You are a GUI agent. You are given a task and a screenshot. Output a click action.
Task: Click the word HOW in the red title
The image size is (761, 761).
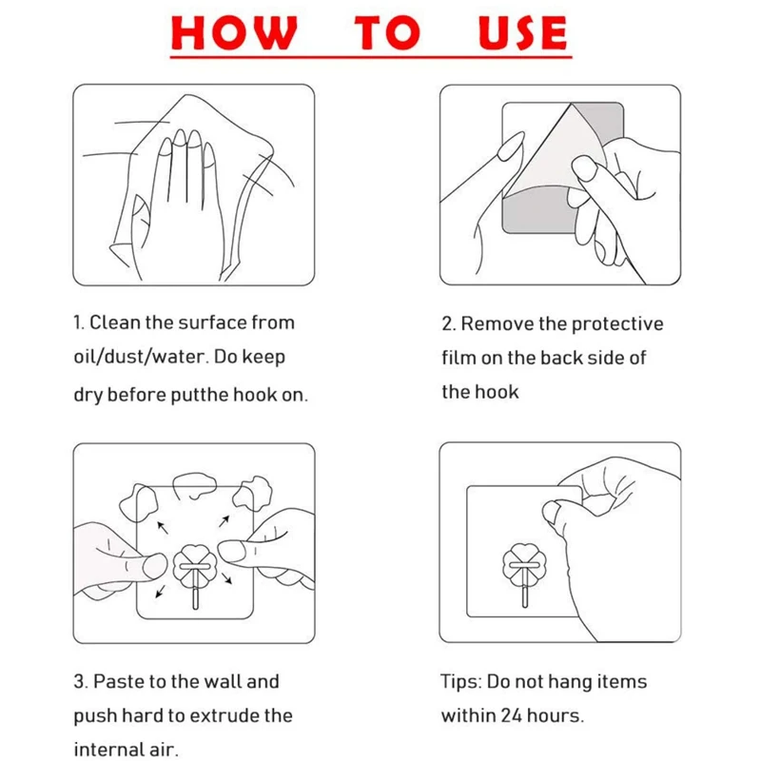pos(234,32)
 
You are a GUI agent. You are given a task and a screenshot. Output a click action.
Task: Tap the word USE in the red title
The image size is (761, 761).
pos(522,32)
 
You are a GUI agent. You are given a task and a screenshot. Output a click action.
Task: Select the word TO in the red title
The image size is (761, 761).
pos(387,32)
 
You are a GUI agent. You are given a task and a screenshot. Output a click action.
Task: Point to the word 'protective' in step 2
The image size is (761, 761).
pos(616,324)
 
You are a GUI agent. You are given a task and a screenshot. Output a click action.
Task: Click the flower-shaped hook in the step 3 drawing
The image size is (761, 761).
pos(195,575)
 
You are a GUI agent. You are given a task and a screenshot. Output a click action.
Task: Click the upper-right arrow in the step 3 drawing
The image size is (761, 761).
pos(224,521)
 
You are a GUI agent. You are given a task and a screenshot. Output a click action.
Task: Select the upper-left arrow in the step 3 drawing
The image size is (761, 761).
pos(163,528)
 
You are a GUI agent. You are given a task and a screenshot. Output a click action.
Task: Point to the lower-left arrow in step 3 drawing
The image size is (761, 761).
pos(160,592)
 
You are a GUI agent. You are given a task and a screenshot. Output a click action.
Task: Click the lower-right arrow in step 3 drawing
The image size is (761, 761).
pos(226,578)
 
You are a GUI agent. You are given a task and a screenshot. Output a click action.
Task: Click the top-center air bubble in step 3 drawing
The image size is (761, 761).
pos(195,485)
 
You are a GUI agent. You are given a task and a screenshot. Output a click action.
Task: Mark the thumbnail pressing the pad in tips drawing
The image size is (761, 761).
pos(551,513)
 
